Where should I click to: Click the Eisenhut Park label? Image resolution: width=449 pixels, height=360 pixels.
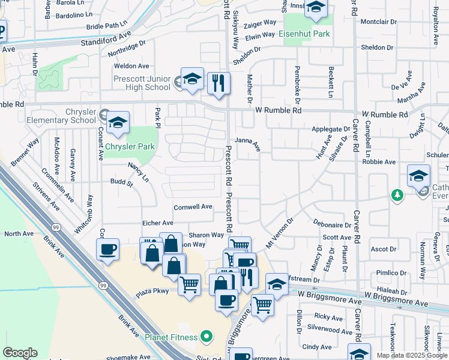tap(304, 34)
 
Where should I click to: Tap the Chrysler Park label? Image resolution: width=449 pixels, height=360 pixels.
tap(130, 146)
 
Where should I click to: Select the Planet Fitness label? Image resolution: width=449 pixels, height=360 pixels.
tap(171, 337)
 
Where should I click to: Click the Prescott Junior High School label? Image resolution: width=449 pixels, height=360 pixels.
tap(142, 83)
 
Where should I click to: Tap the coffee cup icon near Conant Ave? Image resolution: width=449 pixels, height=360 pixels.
tap(107, 249)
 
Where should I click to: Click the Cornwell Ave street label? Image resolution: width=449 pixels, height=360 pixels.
tap(193, 207)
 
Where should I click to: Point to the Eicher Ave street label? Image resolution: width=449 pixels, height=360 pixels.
tap(157, 223)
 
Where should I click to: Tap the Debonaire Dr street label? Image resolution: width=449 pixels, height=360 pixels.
tap(331, 225)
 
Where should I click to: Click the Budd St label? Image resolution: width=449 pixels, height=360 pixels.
tap(121, 181)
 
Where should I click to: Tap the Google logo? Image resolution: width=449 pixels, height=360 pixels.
tap(20, 353)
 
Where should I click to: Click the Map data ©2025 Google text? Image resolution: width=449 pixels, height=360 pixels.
tap(411, 355)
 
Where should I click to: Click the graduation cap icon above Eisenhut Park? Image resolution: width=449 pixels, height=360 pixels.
tap(315, 8)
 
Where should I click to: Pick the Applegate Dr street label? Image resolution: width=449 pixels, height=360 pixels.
tap(331, 129)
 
